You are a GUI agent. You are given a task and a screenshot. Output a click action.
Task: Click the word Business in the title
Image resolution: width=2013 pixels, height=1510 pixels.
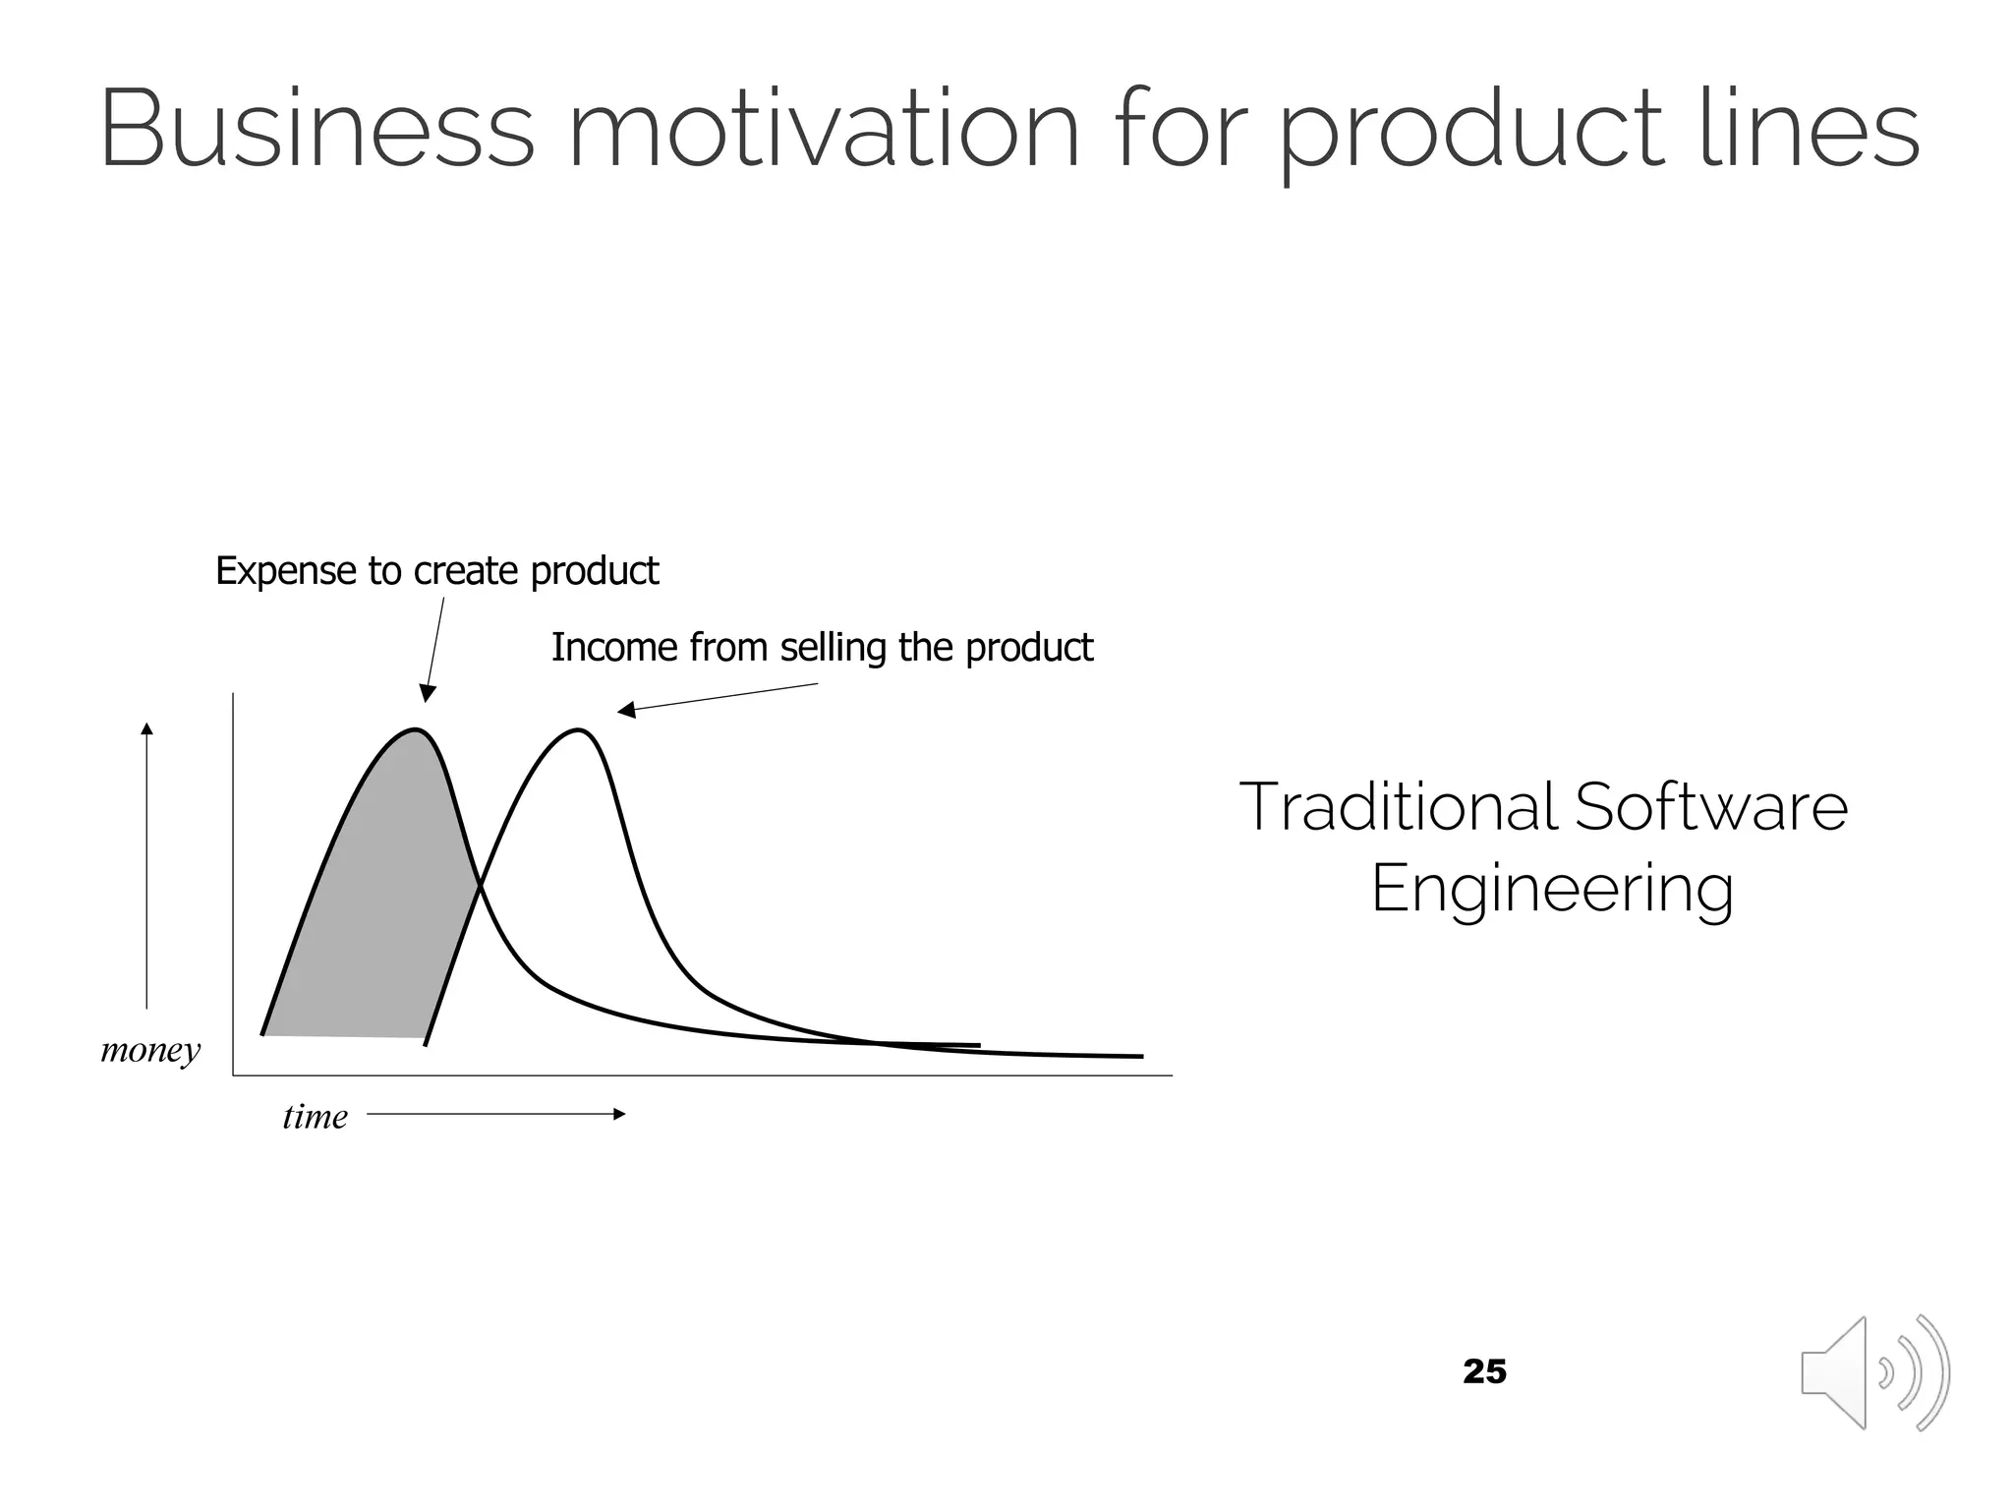point(316,130)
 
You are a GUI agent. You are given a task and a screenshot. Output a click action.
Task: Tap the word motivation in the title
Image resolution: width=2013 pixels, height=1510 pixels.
point(824,130)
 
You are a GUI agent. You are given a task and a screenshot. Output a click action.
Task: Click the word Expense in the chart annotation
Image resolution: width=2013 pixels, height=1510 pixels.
point(285,571)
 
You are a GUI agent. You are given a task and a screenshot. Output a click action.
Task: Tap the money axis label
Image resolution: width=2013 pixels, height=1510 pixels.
point(150,1050)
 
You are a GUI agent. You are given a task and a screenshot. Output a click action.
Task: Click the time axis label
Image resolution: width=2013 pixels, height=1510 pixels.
point(315,1117)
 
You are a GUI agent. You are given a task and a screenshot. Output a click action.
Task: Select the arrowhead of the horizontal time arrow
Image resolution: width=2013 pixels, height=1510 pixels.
point(619,1114)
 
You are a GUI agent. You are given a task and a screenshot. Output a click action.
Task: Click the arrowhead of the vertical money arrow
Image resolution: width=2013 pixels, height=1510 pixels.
point(146,728)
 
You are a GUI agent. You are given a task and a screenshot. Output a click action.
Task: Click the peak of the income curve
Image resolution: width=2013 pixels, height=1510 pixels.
point(580,730)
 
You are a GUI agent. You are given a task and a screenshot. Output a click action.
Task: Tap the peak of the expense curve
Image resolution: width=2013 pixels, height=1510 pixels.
point(417,730)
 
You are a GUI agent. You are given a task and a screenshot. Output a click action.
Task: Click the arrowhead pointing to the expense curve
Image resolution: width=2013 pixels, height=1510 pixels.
point(427,694)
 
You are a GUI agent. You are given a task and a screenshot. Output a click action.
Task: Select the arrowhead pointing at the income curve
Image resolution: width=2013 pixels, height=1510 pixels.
point(625,710)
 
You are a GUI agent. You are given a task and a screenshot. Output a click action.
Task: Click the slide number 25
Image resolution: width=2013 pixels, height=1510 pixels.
point(1484,1371)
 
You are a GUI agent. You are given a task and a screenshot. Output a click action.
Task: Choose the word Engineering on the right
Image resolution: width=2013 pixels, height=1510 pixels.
point(1551,889)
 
